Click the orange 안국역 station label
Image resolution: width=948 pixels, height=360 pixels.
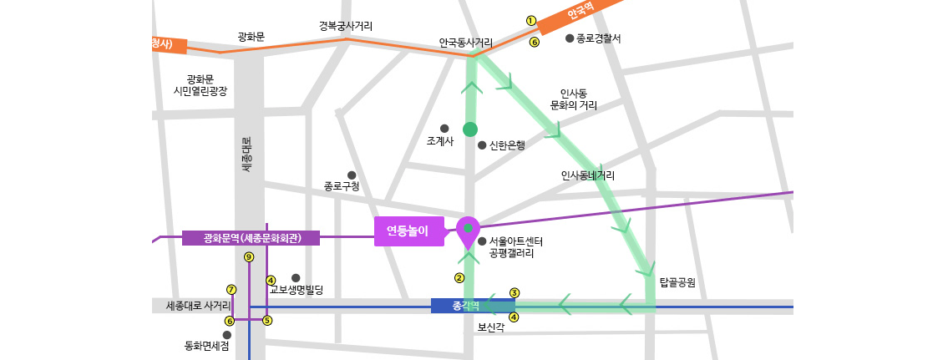pyautogui.click(x=579, y=14)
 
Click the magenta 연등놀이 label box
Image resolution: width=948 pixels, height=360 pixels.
pyautogui.click(x=408, y=231)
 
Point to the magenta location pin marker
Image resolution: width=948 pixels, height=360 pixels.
pyautogui.click(x=468, y=231)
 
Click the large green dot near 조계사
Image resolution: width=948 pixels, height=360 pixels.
pyautogui.click(x=470, y=129)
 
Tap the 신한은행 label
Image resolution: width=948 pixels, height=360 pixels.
pyautogui.click(x=507, y=145)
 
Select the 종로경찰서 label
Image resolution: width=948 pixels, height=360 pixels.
pyautogui.click(x=598, y=38)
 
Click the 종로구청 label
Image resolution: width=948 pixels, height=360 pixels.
pyautogui.click(x=342, y=186)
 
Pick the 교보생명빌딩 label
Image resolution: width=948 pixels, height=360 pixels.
pyautogui.click(x=296, y=290)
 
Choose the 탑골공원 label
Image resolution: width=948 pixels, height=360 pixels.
pyautogui.click(x=677, y=282)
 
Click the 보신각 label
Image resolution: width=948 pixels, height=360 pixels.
pyautogui.click(x=490, y=328)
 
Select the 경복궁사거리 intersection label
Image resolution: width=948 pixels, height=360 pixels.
pyautogui.click(x=346, y=26)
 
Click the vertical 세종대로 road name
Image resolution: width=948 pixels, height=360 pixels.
pyautogui.click(x=246, y=155)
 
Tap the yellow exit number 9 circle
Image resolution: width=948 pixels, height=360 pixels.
pyautogui.click(x=248, y=256)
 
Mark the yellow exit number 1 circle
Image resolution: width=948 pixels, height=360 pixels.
pyautogui.click(x=530, y=20)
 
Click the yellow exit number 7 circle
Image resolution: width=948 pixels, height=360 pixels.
pyautogui.click(x=231, y=290)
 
